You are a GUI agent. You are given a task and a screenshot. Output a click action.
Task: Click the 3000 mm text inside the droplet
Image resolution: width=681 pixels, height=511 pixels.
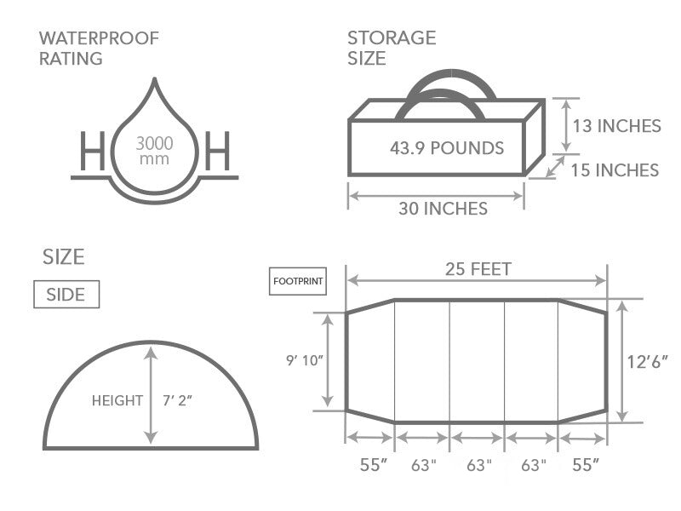(x=155, y=151)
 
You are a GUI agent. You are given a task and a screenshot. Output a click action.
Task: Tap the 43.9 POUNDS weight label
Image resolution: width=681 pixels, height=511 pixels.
(x=447, y=148)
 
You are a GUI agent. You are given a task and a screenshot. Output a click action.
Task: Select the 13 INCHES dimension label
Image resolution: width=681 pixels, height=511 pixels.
(x=616, y=126)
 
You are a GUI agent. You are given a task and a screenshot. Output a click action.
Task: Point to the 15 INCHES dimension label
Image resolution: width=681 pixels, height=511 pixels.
(x=615, y=170)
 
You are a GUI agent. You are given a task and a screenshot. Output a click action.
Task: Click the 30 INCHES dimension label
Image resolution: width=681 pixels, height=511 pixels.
(x=443, y=209)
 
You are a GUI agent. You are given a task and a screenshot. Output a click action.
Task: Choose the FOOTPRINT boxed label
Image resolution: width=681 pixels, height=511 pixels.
(x=298, y=281)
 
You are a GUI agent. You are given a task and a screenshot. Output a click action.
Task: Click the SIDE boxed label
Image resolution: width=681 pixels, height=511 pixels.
(x=66, y=294)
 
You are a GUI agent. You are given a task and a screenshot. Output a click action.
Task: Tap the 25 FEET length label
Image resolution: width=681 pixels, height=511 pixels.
(x=478, y=269)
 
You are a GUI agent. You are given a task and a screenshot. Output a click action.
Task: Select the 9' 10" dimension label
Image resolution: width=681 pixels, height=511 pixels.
(x=305, y=360)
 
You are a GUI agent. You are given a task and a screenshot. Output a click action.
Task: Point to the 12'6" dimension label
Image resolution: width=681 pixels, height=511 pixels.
(x=648, y=361)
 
